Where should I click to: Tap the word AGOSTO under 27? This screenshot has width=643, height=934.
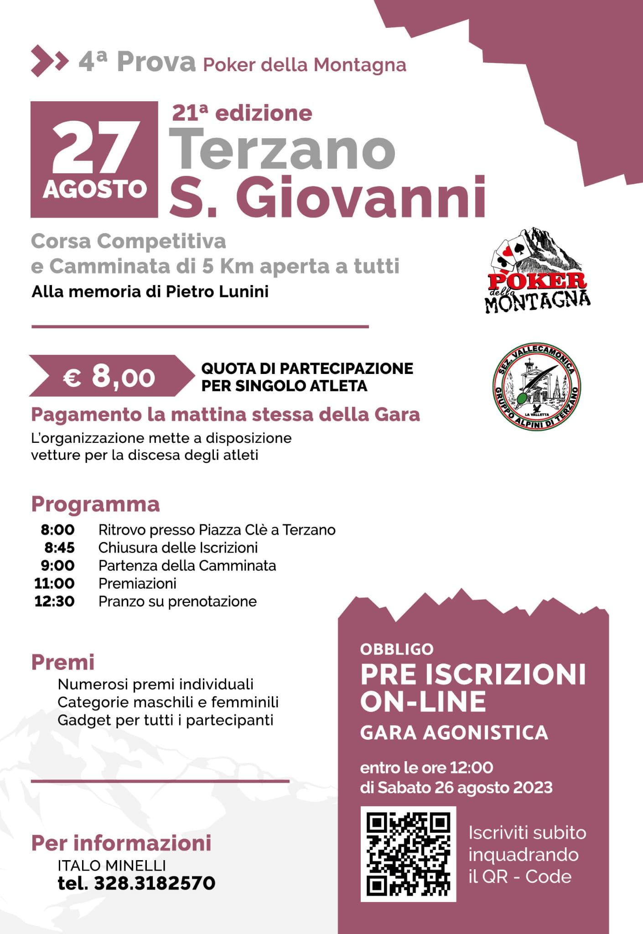pos(95,189)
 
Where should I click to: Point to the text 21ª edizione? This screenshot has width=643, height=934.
pos(242,113)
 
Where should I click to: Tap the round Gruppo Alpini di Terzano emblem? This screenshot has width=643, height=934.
pos(537,387)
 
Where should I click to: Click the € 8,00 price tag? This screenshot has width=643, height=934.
pos(109,376)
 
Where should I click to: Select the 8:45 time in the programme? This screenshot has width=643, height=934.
pos(59,547)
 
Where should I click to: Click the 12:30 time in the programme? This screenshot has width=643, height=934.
pos(55,601)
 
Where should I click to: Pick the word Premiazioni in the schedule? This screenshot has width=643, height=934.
pos(137,583)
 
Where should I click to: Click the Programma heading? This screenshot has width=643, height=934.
pos(95,504)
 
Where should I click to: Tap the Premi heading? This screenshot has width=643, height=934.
pos(63,662)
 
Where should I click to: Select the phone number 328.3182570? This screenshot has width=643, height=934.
pos(154,883)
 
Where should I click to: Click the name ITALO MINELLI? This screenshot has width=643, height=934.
pos(112,865)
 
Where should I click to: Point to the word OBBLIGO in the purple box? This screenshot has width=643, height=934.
pos(397,649)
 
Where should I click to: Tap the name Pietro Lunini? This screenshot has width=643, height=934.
pos(217,291)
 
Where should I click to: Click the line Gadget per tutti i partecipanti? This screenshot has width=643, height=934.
pos(166,720)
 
